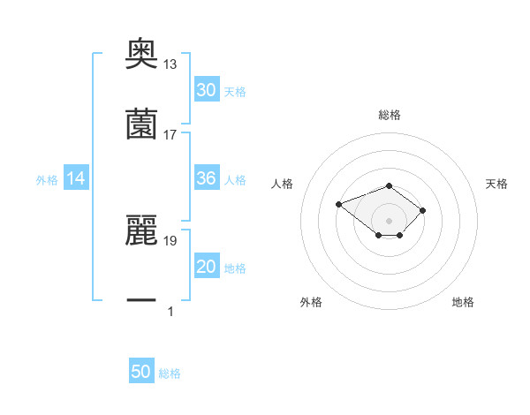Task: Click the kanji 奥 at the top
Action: (x=141, y=53)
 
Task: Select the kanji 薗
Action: (x=141, y=124)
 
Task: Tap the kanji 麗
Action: (x=141, y=230)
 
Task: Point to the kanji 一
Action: (x=141, y=300)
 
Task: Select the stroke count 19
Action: (x=170, y=239)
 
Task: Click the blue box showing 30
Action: (x=206, y=90)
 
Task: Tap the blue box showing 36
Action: (x=206, y=178)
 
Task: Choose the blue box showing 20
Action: (x=206, y=267)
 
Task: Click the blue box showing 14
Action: (x=76, y=179)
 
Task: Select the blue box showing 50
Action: (x=141, y=372)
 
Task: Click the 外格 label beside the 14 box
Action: (x=47, y=180)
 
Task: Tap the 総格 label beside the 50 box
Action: (x=170, y=373)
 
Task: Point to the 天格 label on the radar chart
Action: (x=496, y=184)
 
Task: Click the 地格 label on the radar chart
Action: (x=463, y=302)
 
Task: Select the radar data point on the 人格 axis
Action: (x=339, y=204)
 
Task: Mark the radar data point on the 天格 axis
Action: (x=423, y=209)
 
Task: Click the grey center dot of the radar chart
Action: (x=389, y=220)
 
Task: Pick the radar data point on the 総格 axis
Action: (x=389, y=185)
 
